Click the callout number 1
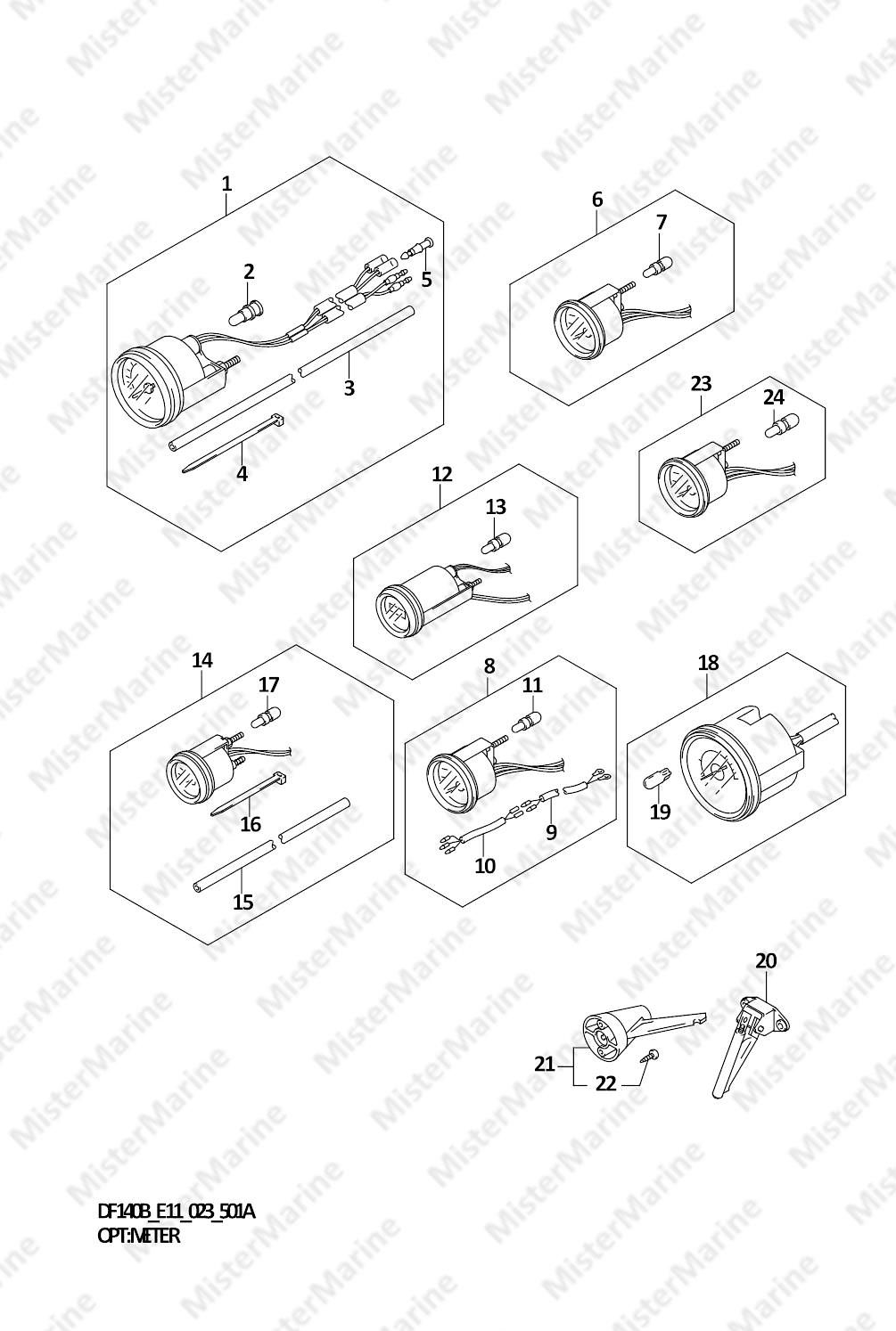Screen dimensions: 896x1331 coord(226,184)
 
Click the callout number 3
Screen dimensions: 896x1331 coord(349,388)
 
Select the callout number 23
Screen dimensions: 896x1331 coord(701,384)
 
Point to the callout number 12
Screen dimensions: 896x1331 coord(442,474)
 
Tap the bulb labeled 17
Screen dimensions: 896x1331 coord(267,720)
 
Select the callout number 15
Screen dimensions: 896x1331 coord(243,902)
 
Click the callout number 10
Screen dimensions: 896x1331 coord(485,866)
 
